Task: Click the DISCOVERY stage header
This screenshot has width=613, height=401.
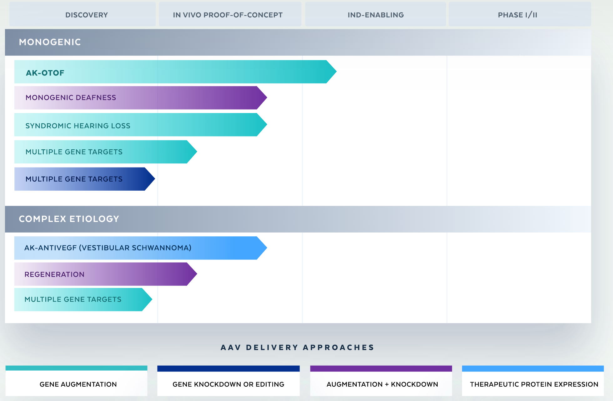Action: (x=86, y=15)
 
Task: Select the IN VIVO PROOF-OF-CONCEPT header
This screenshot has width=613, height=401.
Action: (x=228, y=15)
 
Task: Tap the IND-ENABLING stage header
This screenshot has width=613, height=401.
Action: (x=375, y=15)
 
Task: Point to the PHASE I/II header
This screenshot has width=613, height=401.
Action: (x=517, y=15)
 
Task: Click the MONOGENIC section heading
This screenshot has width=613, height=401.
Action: (x=50, y=42)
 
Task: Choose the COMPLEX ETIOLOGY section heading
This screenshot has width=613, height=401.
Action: (x=69, y=219)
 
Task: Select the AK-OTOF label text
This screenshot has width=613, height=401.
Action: (x=45, y=73)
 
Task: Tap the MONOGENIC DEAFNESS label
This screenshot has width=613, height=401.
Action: (x=71, y=98)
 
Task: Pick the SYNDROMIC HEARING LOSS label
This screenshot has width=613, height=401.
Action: (x=78, y=126)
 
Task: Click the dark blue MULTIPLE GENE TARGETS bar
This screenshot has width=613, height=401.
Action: (x=84, y=179)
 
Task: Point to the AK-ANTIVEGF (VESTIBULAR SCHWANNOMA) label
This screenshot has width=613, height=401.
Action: (x=108, y=248)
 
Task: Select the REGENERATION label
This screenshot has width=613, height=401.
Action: (x=54, y=275)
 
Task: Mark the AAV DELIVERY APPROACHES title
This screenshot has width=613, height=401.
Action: (x=297, y=347)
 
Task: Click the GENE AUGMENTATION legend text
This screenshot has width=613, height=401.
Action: (x=78, y=384)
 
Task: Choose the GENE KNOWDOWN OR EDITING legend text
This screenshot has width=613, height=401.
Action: (x=228, y=384)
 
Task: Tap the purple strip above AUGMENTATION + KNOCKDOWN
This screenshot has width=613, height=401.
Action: (x=381, y=368)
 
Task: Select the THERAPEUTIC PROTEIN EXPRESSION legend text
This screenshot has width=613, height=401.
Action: (x=534, y=384)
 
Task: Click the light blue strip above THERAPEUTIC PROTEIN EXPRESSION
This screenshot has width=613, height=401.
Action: (x=533, y=368)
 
